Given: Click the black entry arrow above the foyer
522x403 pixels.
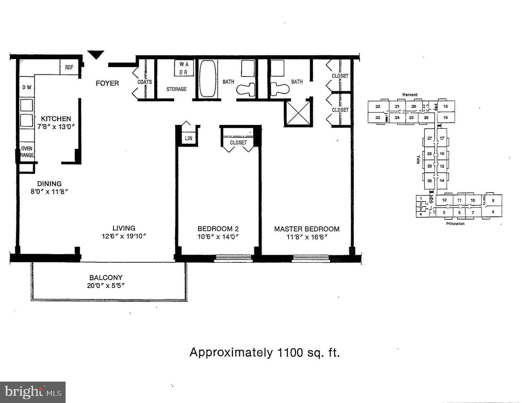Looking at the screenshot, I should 95,54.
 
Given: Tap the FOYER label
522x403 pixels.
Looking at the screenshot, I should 107,83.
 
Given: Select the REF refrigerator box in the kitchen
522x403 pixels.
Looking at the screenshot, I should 69,67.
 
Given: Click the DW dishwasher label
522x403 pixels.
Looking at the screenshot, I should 27,87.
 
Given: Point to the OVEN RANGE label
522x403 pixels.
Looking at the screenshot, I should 27,152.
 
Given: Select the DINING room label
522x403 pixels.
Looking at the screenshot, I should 49,183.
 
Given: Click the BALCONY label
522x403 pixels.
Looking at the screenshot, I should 106,278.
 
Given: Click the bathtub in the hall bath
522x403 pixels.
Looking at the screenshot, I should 207,79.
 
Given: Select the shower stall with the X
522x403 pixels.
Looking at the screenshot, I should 297,113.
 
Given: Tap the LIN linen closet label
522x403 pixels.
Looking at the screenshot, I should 188,138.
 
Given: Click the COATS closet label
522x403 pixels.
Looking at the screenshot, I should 144,82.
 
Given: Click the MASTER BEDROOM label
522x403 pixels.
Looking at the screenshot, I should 307,229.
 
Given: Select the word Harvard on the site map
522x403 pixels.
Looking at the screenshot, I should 410,94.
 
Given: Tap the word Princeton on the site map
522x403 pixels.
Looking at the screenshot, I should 455,224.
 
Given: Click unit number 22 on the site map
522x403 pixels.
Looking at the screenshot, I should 378,106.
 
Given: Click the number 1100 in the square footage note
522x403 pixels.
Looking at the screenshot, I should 290,353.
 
